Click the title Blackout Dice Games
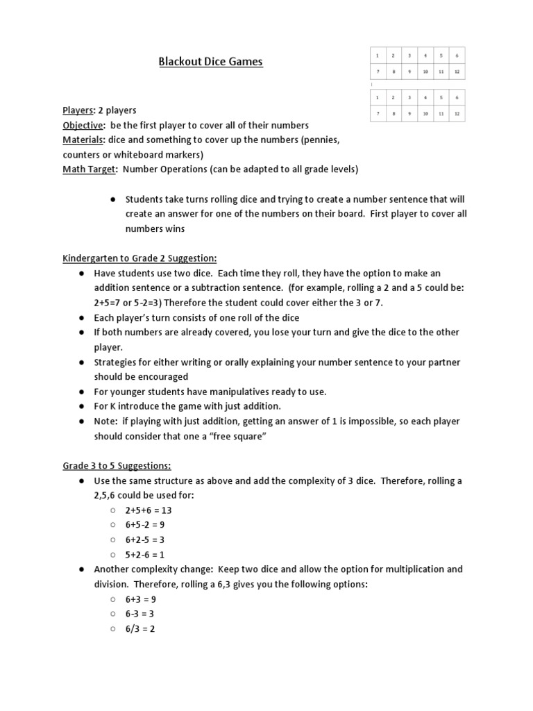[x=210, y=62]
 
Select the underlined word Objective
[x=83, y=125]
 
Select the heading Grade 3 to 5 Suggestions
[x=117, y=465]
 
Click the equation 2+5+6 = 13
[x=149, y=510]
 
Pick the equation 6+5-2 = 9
[x=145, y=525]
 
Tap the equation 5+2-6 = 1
[x=145, y=554]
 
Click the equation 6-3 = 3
[x=140, y=614]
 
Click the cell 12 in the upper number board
[x=456, y=72]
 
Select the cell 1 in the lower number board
[x=378, y=97]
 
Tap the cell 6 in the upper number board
[x=456, y=56]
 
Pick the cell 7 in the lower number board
[x=378, y=113]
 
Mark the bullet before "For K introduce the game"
[x=83, y=406]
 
